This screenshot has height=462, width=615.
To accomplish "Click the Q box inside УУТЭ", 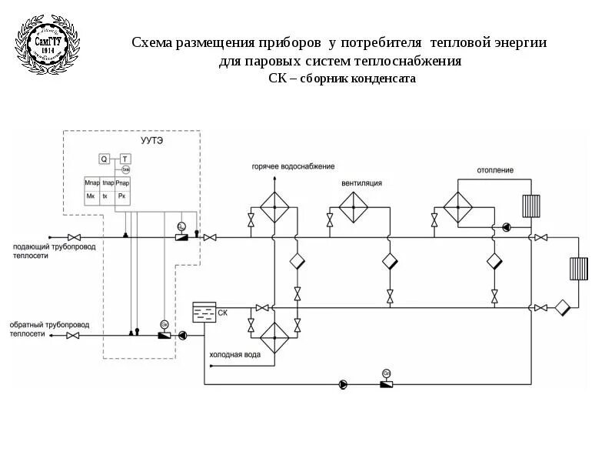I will tap(104, 159).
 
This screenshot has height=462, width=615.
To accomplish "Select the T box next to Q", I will tap(125, 159).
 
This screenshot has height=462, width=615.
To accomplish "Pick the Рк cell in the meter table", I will tap(121, 196).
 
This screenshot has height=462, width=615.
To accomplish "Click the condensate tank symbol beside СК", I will tap(204, 313).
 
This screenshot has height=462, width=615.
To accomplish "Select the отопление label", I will tap(494, 170).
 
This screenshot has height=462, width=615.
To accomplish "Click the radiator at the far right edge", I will tap(579, 268).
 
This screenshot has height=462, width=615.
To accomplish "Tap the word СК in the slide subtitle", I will tap(277, 79).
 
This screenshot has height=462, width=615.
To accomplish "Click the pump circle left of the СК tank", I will tap(183, 335).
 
